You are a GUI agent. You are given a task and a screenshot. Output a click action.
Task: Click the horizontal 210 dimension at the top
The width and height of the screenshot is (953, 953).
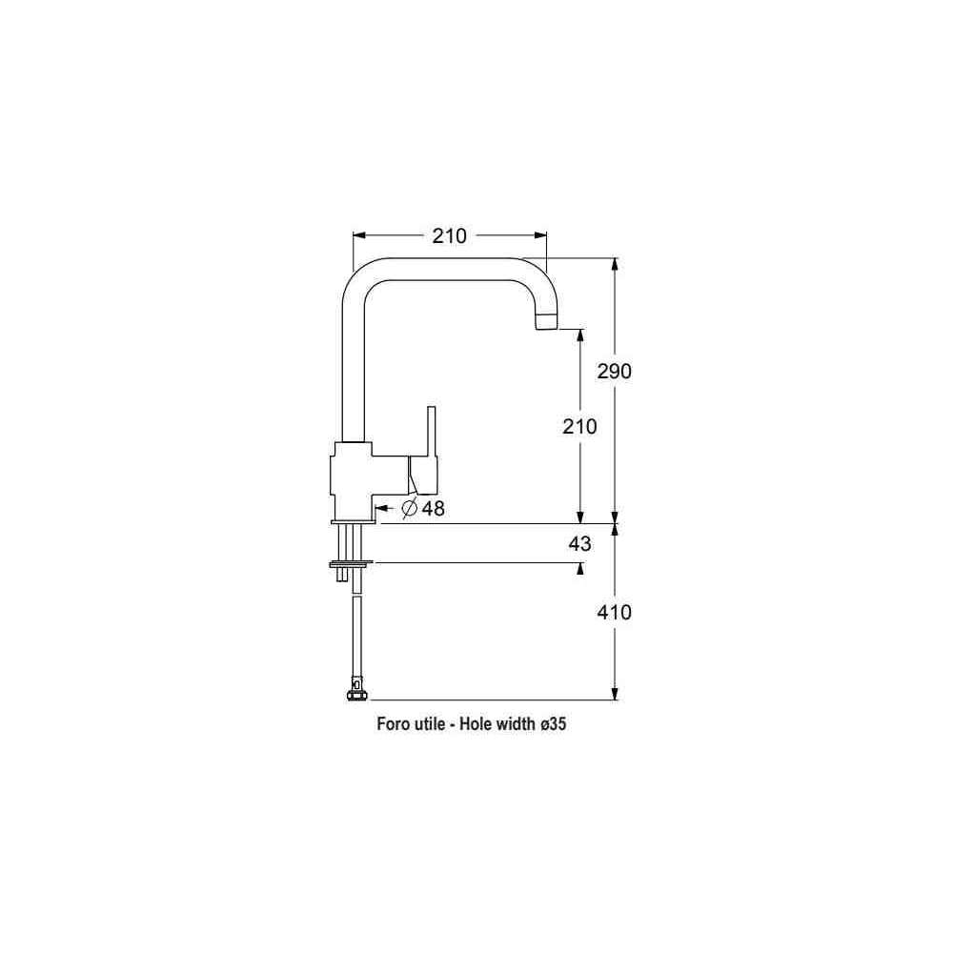coord(449,235)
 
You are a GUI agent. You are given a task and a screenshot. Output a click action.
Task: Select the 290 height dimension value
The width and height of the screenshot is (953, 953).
coord(614,371)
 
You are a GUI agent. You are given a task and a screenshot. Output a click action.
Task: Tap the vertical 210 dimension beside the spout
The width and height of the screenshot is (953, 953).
coord(579,427)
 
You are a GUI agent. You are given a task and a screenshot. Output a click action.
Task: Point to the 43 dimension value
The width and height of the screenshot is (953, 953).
coord(579,543)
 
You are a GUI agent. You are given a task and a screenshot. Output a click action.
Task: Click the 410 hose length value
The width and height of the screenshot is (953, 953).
coord(614,612)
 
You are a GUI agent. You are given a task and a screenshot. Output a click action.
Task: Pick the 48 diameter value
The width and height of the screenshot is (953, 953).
coord(433,508)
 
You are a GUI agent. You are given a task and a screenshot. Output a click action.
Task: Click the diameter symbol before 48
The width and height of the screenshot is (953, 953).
coord(410,508)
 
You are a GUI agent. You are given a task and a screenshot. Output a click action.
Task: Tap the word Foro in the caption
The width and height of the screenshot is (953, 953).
coord(393,724)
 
